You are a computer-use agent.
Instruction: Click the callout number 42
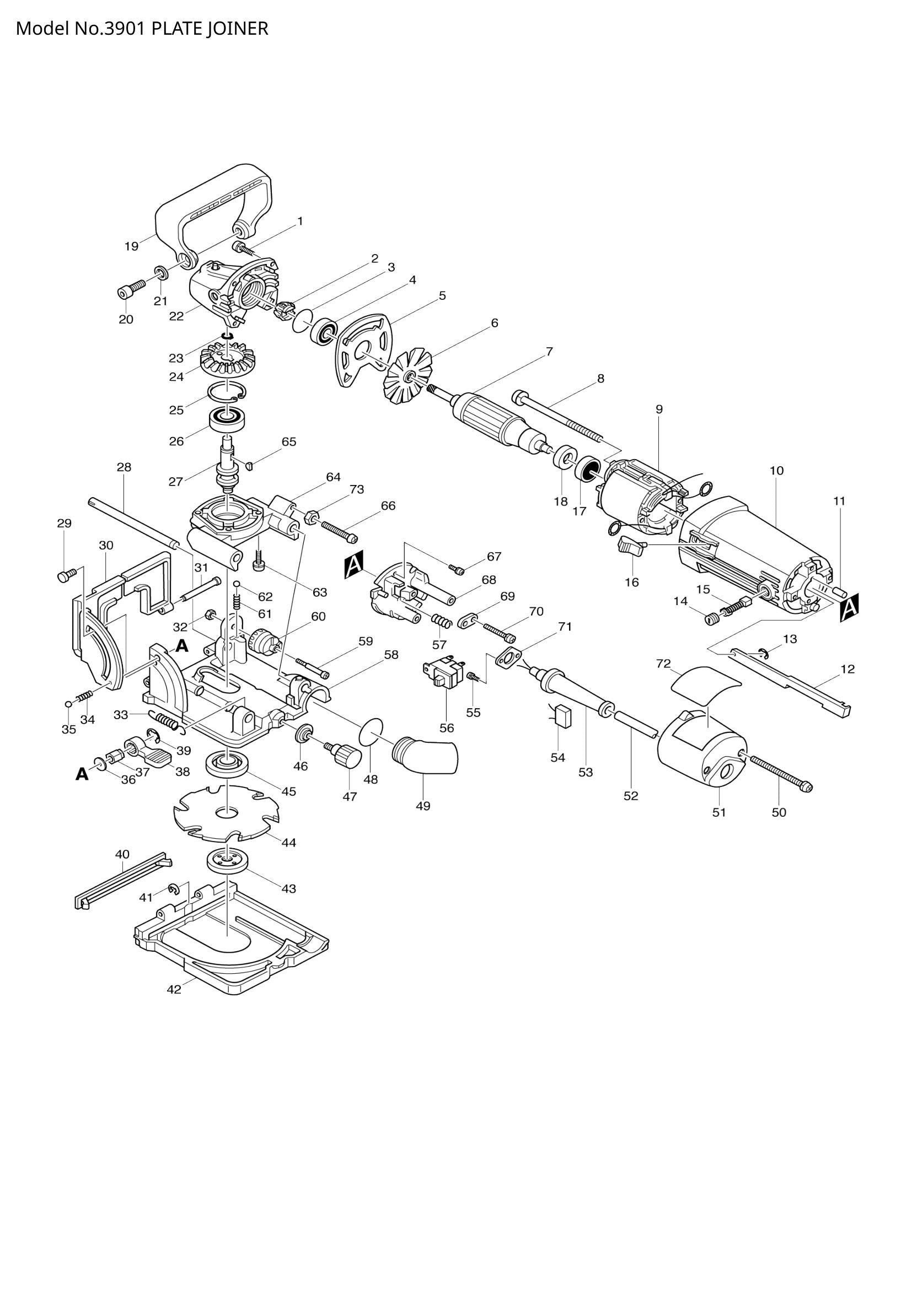click(x=174, y=1006)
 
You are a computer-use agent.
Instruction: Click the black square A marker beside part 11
click(x=850, y=608)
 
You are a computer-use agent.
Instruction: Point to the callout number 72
click(x=663, y=664)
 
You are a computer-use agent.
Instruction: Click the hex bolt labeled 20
click(x=127, y=292)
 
